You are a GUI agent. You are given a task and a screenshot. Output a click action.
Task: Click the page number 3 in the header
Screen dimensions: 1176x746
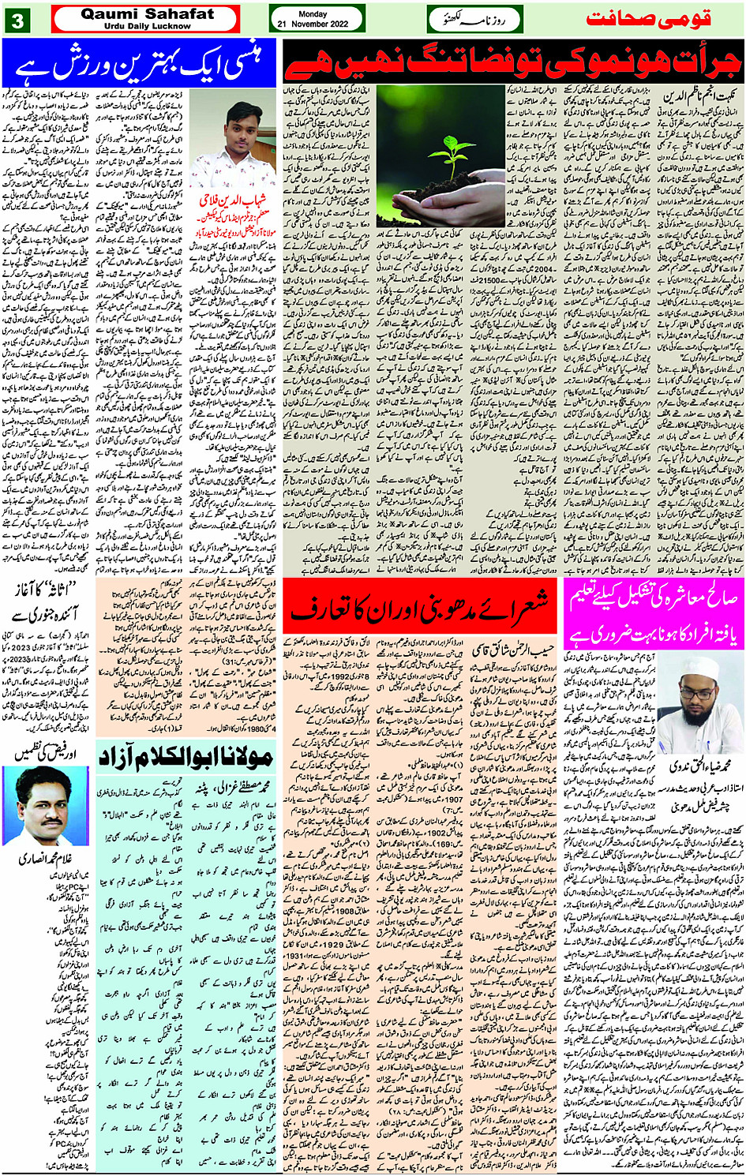point(17,20)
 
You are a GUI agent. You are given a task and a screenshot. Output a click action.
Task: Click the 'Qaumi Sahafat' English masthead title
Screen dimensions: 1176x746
point(147,13)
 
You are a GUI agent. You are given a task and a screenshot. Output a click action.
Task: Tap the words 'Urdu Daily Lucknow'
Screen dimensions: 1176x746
point(147,26)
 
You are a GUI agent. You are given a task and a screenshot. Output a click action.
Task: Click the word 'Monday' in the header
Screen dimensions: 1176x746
point(313,13)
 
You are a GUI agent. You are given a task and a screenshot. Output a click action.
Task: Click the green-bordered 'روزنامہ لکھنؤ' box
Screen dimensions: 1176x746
point(474,19)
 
